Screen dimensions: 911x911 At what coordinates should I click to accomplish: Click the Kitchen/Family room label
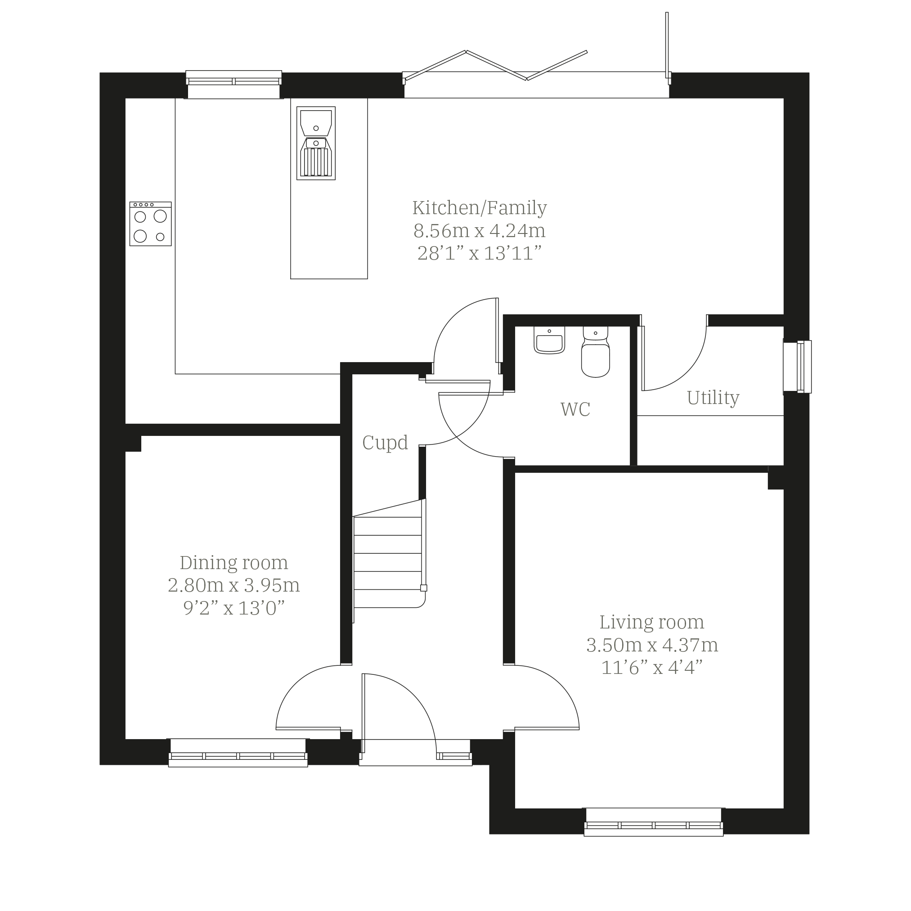point(480,208)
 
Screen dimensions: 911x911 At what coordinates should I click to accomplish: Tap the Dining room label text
point(234,562)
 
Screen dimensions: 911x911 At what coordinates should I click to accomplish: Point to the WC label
point(575,409)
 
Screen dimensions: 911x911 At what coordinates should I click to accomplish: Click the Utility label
point(713,398)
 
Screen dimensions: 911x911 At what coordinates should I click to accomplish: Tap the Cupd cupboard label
point(385,443)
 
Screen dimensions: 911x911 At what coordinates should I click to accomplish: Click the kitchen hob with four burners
point(150,224)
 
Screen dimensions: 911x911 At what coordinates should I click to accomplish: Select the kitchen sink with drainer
point(316,144)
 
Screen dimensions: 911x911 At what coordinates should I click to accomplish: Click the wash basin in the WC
point(549,340)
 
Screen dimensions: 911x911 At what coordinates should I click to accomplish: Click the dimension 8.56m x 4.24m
point(480,231)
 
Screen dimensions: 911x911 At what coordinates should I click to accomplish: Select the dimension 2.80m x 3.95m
point(234,585)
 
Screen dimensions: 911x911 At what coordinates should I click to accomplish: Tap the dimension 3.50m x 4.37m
point(652,645)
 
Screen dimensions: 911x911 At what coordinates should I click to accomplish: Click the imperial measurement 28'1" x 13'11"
point(479,253)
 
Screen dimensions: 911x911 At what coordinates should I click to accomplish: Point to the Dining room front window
point(238,753)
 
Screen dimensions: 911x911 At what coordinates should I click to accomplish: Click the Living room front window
point(654,822)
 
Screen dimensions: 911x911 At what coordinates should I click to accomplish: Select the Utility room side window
point(797,366)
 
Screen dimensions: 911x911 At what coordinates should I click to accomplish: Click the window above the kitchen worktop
point(233,85)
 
